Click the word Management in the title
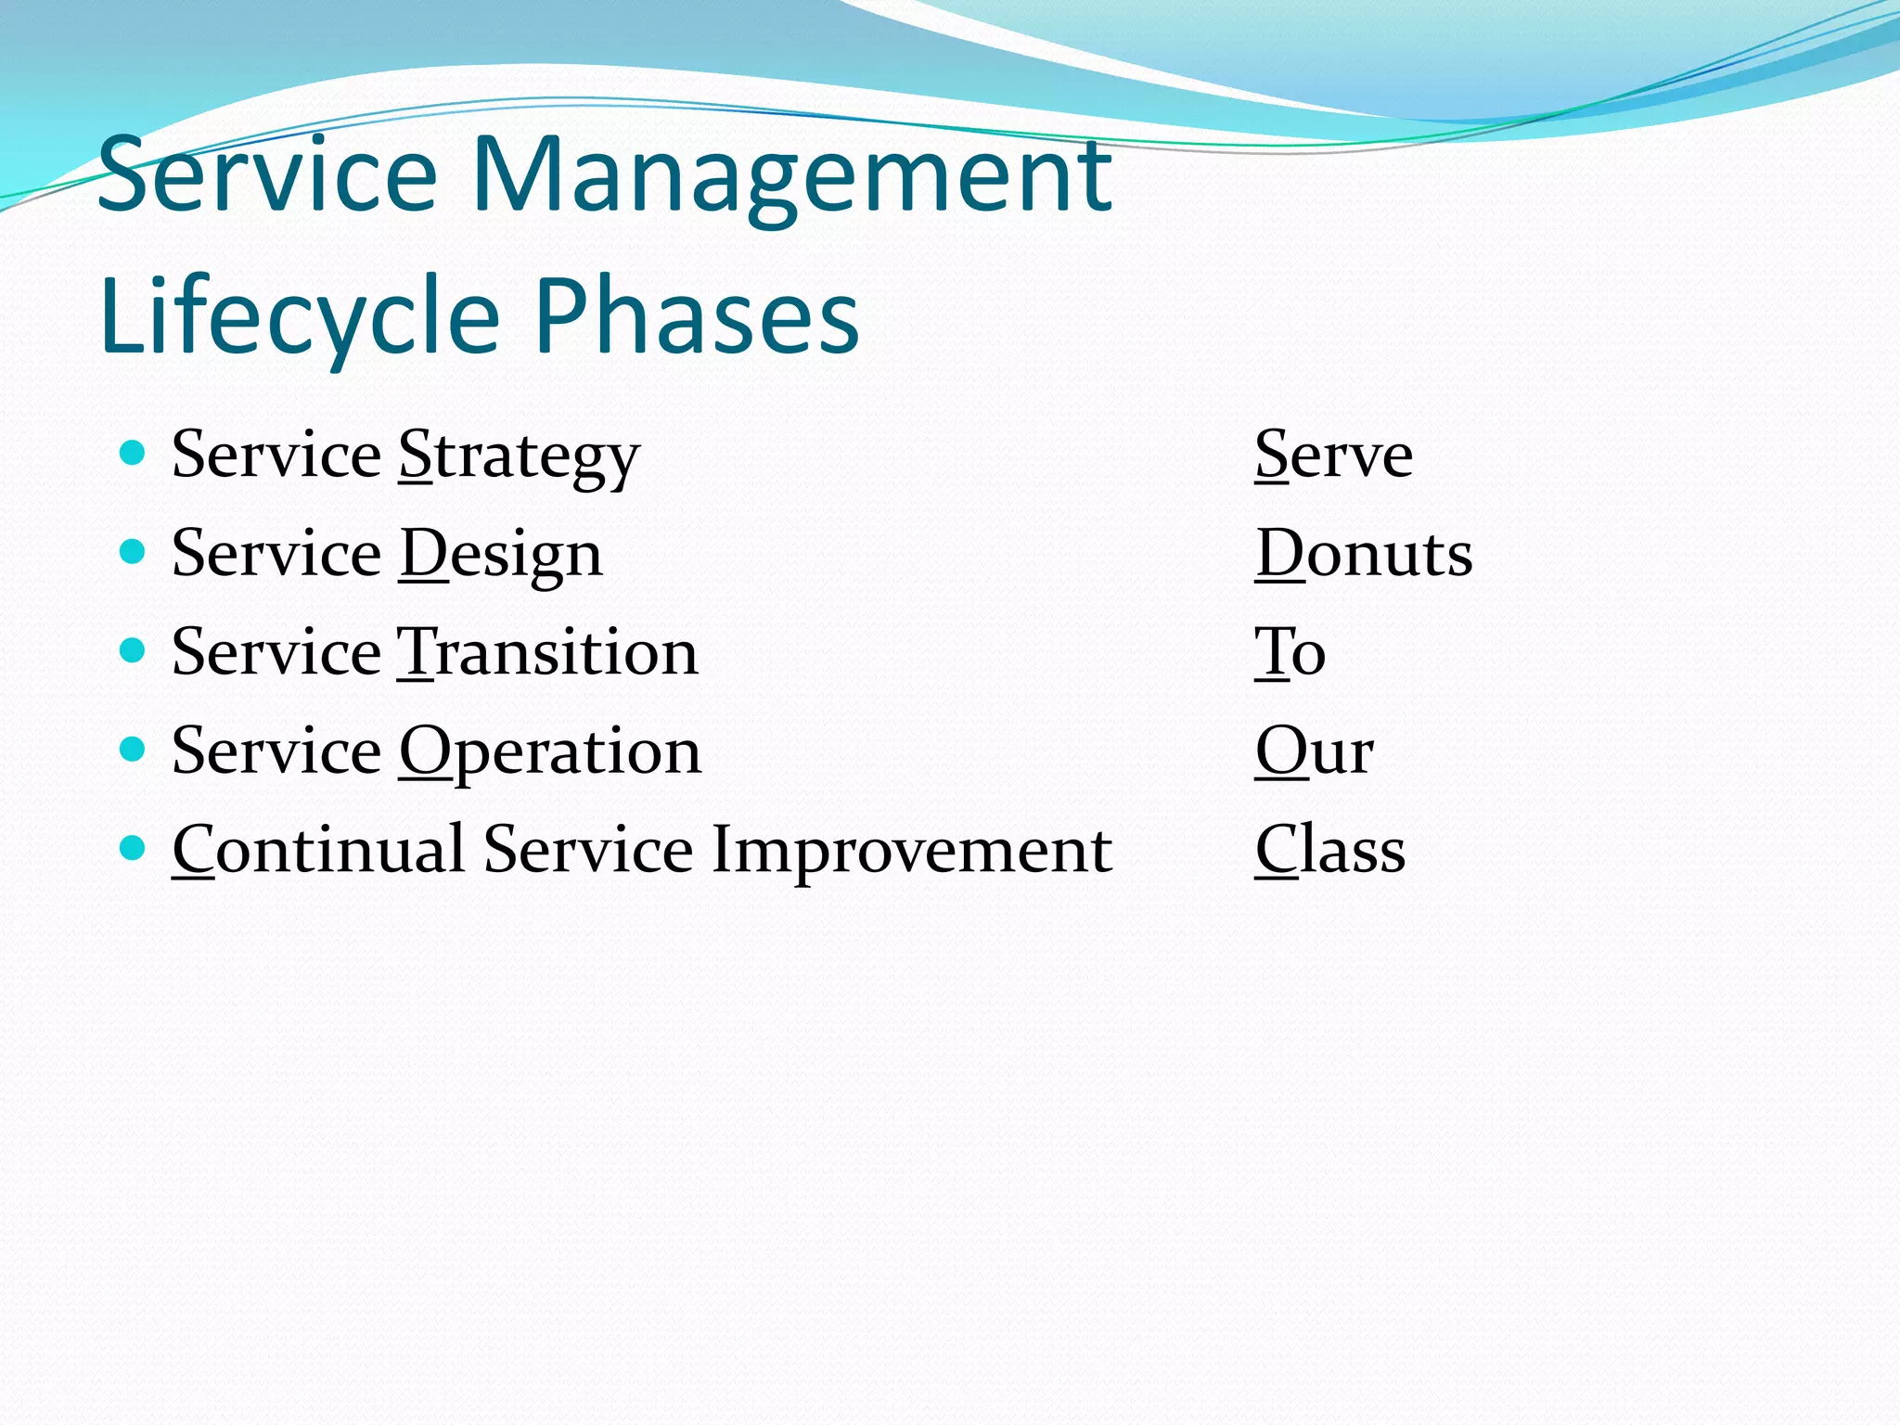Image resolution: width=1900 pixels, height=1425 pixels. click(791, 176)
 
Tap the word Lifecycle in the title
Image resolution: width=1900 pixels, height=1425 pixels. click(299, 317)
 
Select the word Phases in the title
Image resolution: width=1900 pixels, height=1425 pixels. click(698, 317)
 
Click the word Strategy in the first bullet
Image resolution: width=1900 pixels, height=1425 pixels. click(520, 457)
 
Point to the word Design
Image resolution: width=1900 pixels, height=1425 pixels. click(501, 556)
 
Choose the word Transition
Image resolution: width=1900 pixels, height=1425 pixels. click(547, 652)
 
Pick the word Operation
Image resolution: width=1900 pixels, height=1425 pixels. click(550, 752)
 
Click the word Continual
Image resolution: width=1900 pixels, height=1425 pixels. click(318, 850)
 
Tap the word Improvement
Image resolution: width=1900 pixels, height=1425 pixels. click(911, 852)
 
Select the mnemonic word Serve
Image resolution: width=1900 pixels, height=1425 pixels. click(1333, 456)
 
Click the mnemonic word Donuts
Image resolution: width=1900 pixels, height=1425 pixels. click(1364, 554)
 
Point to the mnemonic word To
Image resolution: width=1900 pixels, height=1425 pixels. click(1290, 652)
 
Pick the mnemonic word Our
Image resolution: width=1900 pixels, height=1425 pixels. click(1314, 751)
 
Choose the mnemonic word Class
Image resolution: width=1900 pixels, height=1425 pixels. click(1329, 850)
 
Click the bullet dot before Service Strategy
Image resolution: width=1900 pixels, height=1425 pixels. click(134, 453)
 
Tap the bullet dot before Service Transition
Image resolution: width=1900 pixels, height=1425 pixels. click(134, 650)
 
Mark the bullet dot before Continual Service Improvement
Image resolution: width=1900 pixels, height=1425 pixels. click(134, 848)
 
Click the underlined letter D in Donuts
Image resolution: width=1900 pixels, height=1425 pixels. click(1279, 554)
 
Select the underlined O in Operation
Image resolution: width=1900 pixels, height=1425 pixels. click(424, 751)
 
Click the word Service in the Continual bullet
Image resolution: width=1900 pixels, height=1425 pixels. click(587, 850)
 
